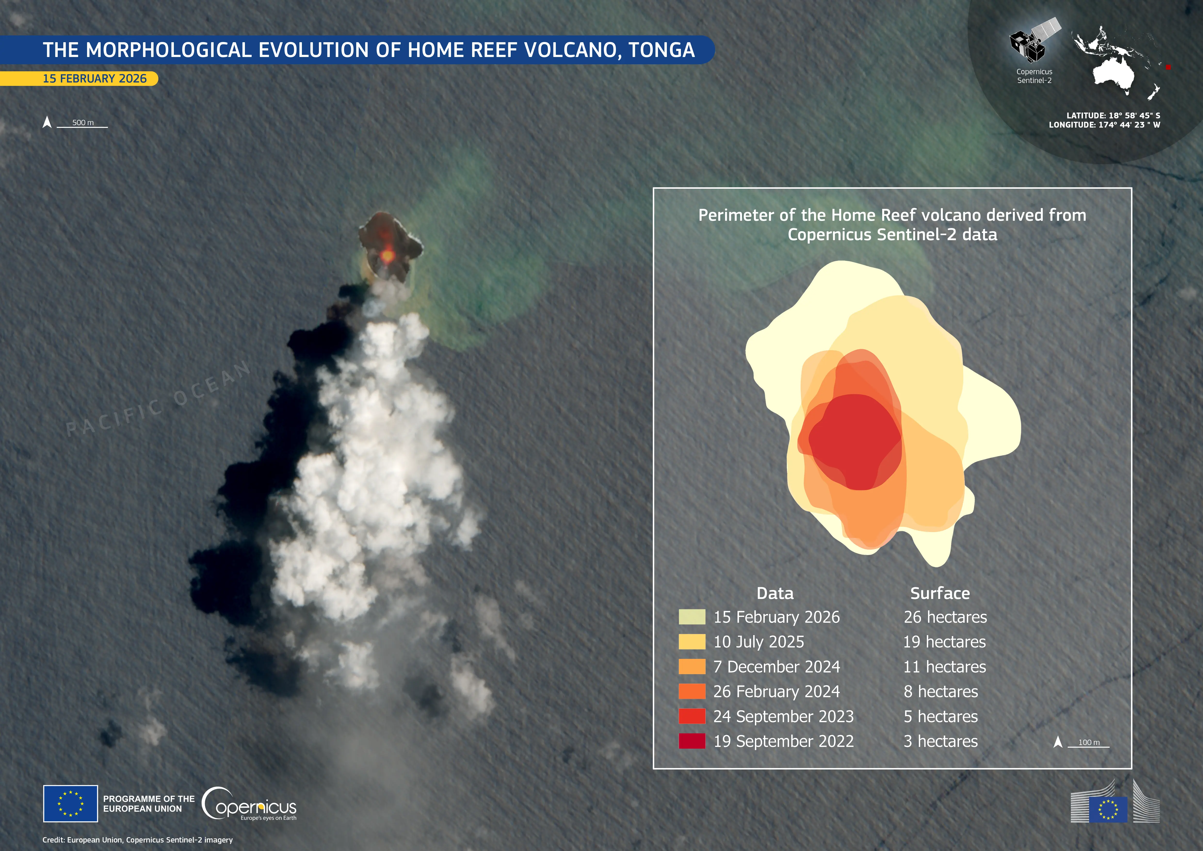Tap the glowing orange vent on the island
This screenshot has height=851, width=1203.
point(387,256)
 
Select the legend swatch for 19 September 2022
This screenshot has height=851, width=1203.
point(692,741)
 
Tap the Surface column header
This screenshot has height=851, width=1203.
point(940,593)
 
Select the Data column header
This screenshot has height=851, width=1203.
point(775,593)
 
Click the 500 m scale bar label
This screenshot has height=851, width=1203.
point(83,123)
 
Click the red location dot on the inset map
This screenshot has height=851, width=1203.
point(1168,67)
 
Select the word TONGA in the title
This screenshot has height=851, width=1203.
point(662,50)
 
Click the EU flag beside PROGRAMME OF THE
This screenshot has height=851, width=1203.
point(70,803)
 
